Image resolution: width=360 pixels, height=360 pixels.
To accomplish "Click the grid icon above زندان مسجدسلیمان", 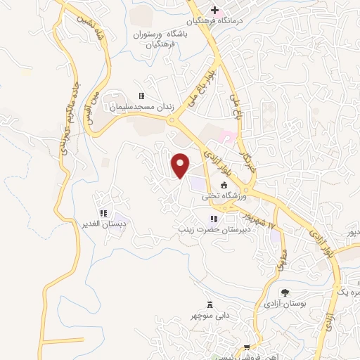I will click(x=141, y=96).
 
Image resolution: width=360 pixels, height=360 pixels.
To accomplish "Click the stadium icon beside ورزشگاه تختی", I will click(x=224, y=186).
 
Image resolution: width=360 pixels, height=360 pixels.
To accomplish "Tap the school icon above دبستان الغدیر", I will click(x=103, y=213).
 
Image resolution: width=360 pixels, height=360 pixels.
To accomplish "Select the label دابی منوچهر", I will click(x=211, y=316).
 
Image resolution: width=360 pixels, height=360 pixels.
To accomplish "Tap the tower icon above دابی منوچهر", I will click(x=210, y=304).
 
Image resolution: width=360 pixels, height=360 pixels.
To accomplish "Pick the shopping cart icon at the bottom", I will click(x=247, y=347).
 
